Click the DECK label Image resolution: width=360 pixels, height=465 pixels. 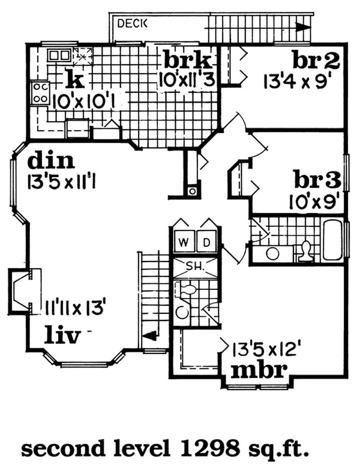click(132, 24)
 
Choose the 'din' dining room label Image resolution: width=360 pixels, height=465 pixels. click(51, 161)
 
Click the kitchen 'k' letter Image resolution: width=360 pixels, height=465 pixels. click(75, 81)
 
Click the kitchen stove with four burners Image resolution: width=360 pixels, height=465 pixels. click(40, 92)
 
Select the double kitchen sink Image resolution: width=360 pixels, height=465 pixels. click(59, 55)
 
